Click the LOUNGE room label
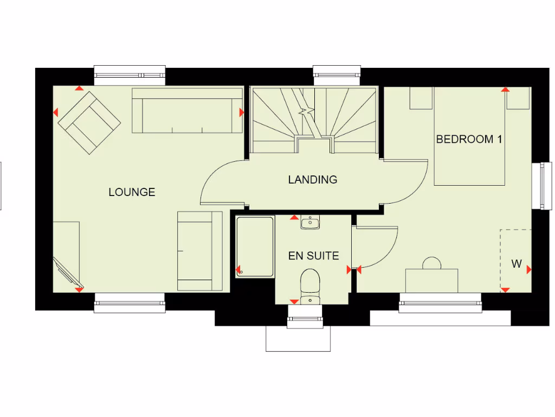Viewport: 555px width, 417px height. pos(132,192)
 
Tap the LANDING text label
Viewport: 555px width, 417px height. pos(312,180)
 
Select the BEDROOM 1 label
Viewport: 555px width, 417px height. pos(469,140)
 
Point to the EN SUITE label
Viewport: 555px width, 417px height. pos(313,256)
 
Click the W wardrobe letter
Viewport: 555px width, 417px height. pos(517,264)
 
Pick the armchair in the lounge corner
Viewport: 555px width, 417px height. pos(89,122)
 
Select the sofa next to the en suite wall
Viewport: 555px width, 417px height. pos(199,251)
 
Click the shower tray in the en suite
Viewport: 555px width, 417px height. pos(255,247)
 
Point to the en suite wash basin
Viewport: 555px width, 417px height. pos(310,222)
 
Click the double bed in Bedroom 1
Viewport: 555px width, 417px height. pos(469,136)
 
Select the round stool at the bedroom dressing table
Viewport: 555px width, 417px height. pos(432,263)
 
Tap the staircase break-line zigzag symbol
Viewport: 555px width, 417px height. pos(307,111)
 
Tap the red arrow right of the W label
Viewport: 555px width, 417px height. pos(528,269)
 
